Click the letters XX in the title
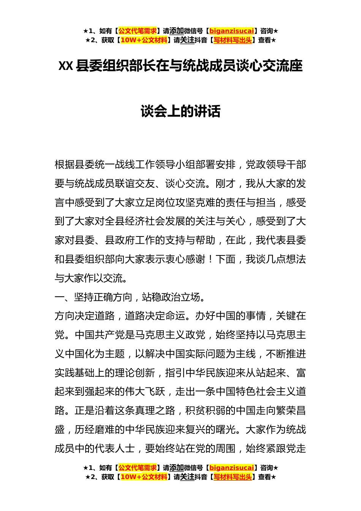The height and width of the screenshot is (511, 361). [x=65, y=66]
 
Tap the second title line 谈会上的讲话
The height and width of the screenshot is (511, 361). [x=180, y=111]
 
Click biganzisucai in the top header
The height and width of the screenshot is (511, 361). [x=231, y=31]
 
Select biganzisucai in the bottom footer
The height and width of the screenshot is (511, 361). [x=231, y=468]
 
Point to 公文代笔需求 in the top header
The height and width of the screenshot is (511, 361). [x=137, y=31]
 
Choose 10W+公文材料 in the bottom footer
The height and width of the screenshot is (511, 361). [x=144, y=477]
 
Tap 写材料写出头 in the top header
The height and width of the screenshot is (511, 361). [x=233, y=40]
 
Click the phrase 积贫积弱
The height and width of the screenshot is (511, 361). [x=206, y=411]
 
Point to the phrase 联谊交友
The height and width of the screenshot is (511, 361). [x=135, y=184]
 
